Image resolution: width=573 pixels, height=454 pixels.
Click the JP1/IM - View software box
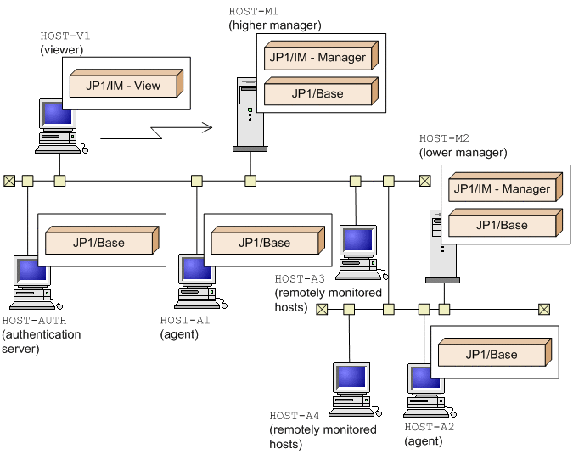[x=124, y=85]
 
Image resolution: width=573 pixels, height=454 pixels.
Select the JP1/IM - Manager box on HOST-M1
[x=318, y=58]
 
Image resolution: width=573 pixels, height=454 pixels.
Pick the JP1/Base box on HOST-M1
[x=318, y=92]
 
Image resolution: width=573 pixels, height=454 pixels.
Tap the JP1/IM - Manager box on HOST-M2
[x=502, y=189]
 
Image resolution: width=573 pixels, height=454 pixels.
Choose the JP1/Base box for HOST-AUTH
[x=98, y=242]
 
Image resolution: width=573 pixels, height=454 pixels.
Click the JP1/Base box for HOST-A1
[x=265, y=242]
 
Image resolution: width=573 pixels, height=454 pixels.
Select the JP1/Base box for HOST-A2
[x=492, y=354]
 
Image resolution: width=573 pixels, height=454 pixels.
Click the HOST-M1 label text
[x=253, y=11]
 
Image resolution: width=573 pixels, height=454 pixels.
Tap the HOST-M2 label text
[x=444, y=137]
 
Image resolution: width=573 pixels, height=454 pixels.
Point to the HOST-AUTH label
[x=34, y=320]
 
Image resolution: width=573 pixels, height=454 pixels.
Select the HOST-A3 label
[x=299, y=278]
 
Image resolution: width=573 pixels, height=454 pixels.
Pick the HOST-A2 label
[x=429, y=427]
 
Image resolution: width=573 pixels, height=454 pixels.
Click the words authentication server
[x=42, y=341]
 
